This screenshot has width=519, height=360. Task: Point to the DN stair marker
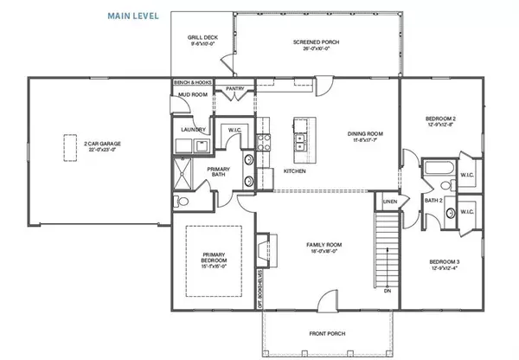tap(387, 292)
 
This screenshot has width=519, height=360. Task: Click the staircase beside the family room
tap(387, 247)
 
